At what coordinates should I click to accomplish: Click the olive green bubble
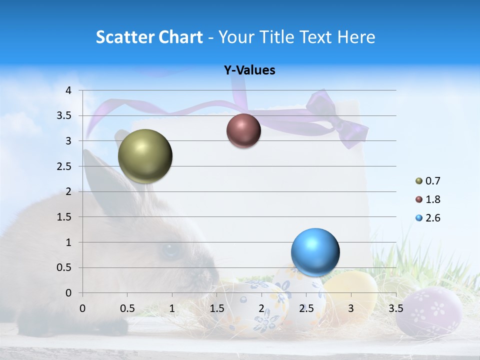click(x=145, y=156)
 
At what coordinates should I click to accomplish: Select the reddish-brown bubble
click(x=243, y=130)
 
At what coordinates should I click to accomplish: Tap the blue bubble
click(x=315, y=252)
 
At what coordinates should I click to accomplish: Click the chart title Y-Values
click(x=249, y=70)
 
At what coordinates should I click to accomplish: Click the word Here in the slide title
click(x=356, y=37)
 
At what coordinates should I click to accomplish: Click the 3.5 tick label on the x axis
click(x=395, y=308)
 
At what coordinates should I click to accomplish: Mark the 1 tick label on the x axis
click(x=172, y=308)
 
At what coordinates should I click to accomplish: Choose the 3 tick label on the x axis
click(x=351, y=308)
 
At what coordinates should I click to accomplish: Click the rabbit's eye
click(x=169, y=249)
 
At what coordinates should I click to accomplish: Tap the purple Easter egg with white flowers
click(x=429, y=311)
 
